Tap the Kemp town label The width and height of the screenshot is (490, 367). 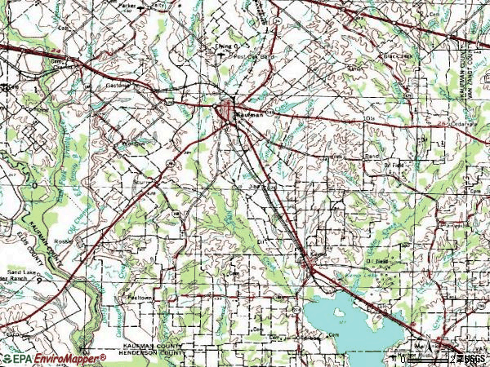[x=318, y=254]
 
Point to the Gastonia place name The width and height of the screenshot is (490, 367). [x=118, y=84]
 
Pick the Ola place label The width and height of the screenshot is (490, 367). [x=375, y=119]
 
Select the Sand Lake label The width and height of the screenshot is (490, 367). [x=24, y=270]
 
